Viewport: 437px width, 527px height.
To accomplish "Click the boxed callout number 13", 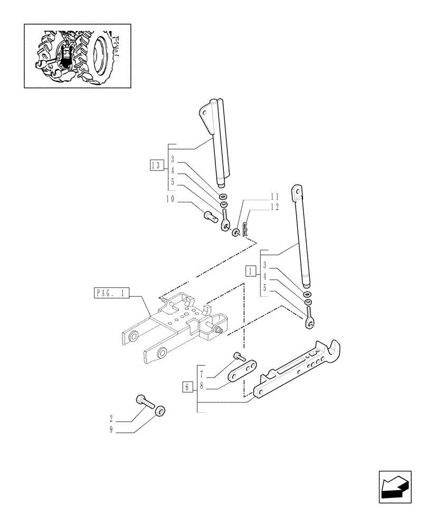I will [155, 164].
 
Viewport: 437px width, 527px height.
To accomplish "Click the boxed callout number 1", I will [250, 271].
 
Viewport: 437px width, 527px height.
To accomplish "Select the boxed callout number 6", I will [187, 387].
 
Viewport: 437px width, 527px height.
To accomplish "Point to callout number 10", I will [170, 200].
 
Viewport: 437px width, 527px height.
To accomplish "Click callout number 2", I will [111, 420].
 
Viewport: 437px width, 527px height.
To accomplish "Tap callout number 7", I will [202, 375].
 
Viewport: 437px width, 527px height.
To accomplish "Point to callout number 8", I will [202, 386].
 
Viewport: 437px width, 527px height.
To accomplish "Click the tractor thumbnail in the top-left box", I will [78, 55].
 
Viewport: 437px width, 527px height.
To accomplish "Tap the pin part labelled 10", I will [211, 216].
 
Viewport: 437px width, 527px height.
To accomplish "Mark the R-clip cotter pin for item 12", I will [245, 228].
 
